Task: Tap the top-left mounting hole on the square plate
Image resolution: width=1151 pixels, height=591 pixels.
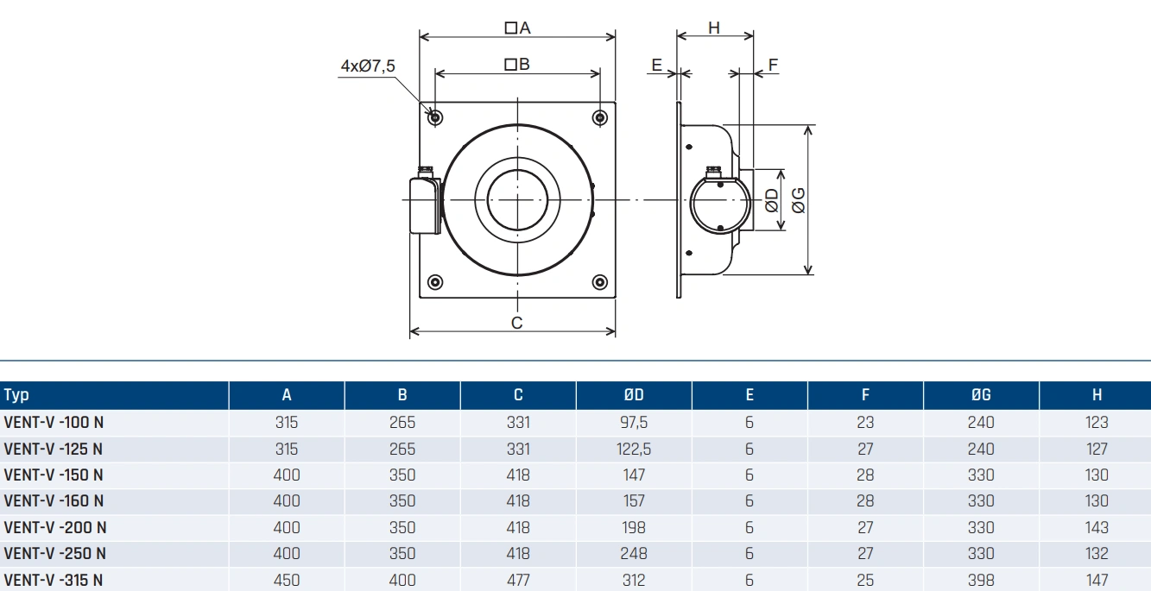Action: pos(435,117)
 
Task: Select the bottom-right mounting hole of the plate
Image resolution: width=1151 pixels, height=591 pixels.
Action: pos(600,282)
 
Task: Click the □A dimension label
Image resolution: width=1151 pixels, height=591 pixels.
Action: pos(517,28)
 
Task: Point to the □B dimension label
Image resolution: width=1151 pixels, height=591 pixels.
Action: pos(517,64)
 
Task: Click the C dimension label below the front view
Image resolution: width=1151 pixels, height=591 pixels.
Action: pos(516,323)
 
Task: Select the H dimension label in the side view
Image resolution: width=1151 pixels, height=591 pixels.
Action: pos(714,28)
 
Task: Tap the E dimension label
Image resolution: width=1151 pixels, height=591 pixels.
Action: pos(656,66)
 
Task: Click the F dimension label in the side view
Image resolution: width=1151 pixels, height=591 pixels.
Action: pos(773,66)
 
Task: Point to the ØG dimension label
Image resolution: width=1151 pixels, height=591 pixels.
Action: pos(799,200)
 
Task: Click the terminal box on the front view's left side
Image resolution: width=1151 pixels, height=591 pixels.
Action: pos(423,204)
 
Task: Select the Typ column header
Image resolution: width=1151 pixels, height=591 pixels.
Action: pos(16,395)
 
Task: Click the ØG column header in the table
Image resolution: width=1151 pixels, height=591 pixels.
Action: pos(981,395)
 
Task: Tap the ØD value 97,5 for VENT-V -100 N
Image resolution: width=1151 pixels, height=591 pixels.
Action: pos(633,423)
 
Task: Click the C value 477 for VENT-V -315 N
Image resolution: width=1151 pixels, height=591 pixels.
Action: pos(517,580)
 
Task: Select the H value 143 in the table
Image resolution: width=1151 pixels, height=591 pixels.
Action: pos(1097,527)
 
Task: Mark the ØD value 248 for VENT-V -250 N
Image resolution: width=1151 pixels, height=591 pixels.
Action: pos(633,553)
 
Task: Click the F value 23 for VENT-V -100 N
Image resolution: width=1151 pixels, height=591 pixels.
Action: pos(865,423)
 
